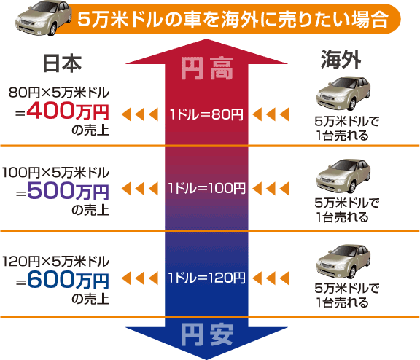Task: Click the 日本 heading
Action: pyautogui.click(x=62, y=63)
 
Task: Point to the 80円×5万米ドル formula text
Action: pyautogui.click(x=59, y=93)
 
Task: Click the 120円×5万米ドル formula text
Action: pyautogui.click(x=56, y=260)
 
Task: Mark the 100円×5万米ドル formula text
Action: pyautogui.click(x=56, y=173)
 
